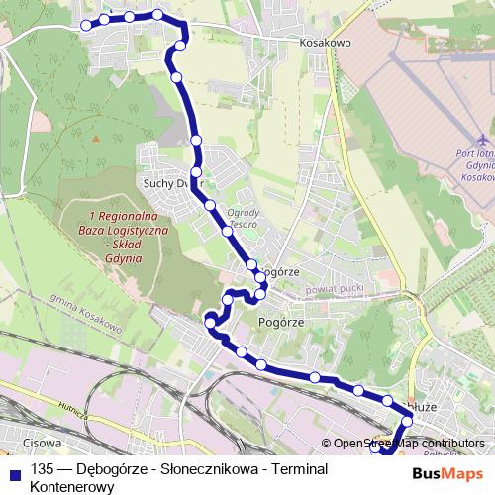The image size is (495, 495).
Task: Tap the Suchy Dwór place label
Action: tap(171, 182)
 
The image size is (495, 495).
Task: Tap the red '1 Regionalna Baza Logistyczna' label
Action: tap(129, 236)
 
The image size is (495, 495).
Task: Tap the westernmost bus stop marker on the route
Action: tap(85, 25)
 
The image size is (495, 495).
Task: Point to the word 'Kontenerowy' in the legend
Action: tap(73, 487)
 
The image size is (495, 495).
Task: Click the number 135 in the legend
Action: tap(42, 471)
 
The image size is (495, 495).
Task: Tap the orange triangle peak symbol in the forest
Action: tap(96, 138)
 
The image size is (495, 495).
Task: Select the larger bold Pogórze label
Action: tap(278, 323)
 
